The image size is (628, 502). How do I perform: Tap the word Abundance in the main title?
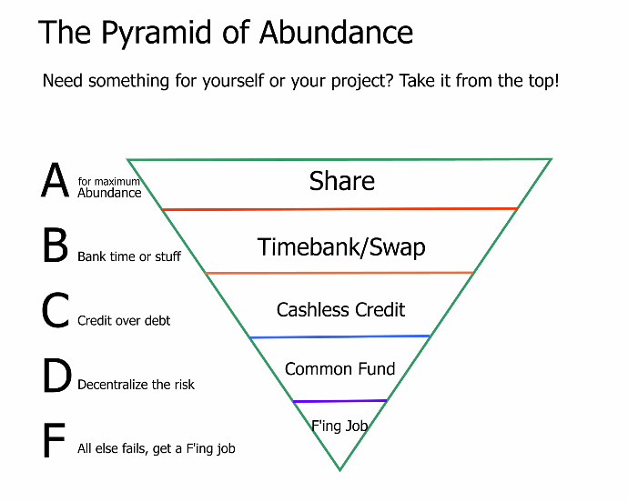coord(336,32)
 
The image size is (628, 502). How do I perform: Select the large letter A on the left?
coord(55,180)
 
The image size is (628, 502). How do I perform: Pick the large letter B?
coord(56,245)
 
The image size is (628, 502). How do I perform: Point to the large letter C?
coord(56,310)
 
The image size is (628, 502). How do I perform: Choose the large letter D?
coord(56,375)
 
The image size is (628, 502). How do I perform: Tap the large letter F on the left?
coord(54,440)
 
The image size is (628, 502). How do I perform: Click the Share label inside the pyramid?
coord(342,181)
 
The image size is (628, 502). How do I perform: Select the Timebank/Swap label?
coord(341,247)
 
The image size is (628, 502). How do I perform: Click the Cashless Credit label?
coord(340,310)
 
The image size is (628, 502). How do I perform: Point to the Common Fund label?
coord(340,368)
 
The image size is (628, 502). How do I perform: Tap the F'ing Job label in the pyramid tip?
coord(339,426)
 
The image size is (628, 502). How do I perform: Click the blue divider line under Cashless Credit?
coord(340,336)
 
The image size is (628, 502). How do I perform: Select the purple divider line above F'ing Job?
coord(340,401)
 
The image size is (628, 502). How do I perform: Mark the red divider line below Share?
coord(339,209)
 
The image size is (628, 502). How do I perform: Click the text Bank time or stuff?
coord(129,256)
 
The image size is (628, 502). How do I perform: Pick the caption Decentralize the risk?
coord(136,385)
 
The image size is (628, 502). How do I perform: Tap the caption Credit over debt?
coord(124,321)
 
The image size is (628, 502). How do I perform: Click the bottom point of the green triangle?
coord(339,470)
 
